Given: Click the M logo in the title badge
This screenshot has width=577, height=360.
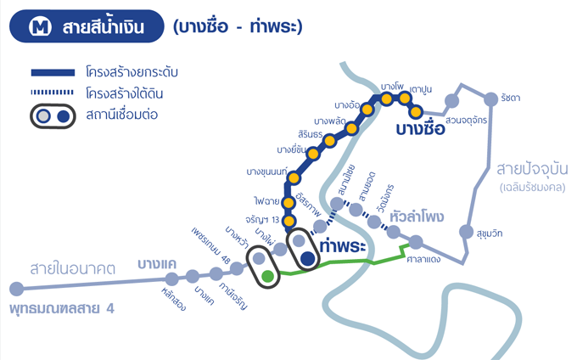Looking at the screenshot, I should pos(39,28).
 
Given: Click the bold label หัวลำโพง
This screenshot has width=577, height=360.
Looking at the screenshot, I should pos(416,217).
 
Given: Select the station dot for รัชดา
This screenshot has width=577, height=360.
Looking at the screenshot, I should pos(490,97).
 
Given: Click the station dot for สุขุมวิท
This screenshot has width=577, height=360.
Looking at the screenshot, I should pos(465,231).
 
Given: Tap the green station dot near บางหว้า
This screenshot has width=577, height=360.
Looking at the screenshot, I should pos(268,275).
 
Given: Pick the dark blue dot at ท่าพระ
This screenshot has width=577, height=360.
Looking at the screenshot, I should pos(308,258).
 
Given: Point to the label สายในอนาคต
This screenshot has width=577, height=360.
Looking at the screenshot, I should pos(72,268).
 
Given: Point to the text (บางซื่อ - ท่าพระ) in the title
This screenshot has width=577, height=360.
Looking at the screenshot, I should pos(238,28).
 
